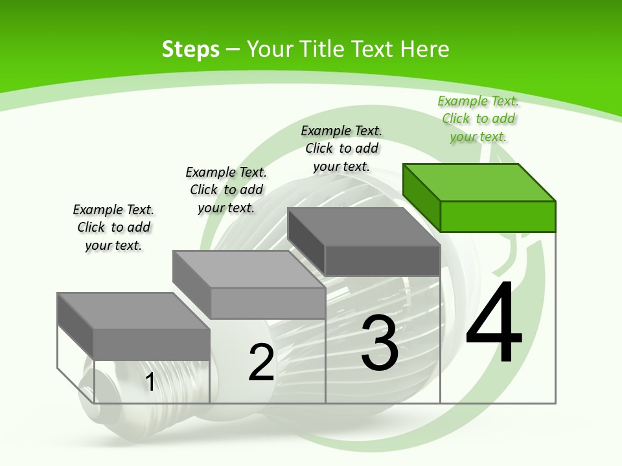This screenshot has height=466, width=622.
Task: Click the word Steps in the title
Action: point(190,49)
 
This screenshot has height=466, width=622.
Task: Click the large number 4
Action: point(494,324)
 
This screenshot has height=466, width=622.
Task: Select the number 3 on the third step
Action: point(380,343)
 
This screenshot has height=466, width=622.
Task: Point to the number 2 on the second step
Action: point(262,362)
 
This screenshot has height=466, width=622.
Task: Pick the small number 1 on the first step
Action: point(150,382)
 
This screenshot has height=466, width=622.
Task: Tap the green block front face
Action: point(498,216)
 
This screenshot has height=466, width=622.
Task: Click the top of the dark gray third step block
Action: point(363,227)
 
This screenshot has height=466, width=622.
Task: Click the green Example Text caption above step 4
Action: point(478,119)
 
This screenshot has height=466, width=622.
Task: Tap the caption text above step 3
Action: point(341,148)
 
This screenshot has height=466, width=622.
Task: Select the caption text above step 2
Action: point(226,190)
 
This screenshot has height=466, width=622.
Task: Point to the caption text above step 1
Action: point(113,227)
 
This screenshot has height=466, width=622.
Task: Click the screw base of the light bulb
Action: point(104,388)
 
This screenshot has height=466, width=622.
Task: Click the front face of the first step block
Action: point(152,344)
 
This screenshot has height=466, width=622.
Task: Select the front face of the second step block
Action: point(268,303)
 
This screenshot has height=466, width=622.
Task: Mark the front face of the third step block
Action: point(382,261)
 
